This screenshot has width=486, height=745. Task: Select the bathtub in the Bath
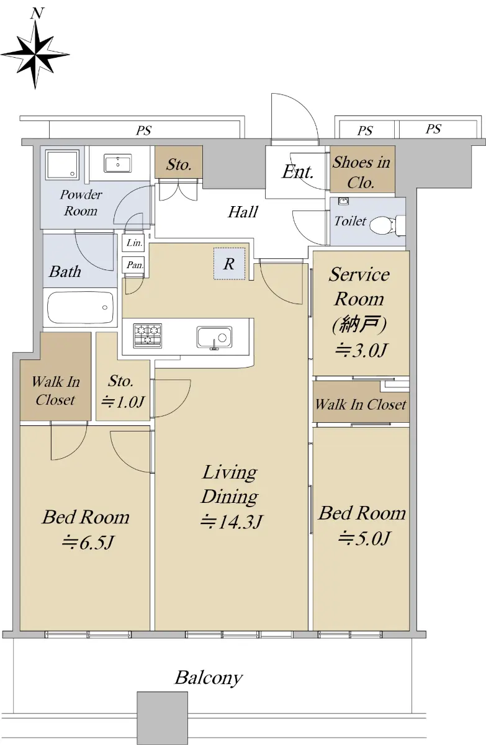pyautogui.click(x=81, y=307)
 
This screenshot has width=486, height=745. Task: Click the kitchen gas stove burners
pyautogui.click(x=148, y=335)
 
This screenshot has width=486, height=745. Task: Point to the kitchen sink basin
pyautogui.click(x=214, y=337)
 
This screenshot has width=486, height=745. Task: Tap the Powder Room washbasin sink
pyautogui.click(x=117, y=163)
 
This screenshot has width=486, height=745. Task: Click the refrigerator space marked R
pyautogui.click(x=230, y=264)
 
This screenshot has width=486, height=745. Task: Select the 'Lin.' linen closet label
pyautogui.click(x=135, y=243)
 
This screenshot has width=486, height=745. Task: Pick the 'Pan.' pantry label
pyautogui.click(x=135, y=264)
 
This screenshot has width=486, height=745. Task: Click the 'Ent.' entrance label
pyautogui.click(x=298, y=172)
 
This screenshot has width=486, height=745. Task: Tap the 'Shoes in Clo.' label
pyautogui.click(x=361, y=173)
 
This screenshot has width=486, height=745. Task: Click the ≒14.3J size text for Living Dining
pyautogui.click(x=232, y=521)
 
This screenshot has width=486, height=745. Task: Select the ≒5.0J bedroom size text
pyautogui.click(x=363, y=538)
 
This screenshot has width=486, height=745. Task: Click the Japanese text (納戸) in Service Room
pyautogui.click(x=359, y=324)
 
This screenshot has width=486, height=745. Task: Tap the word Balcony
pyautogui.click(x=209, y=678)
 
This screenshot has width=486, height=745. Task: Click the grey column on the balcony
pyautogui.click(x=163, y=718)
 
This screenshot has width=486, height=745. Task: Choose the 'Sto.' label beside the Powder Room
pyautogui.click(x=179, y=165)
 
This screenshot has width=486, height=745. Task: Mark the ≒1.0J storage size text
pyautogui.click(x=123, y=402)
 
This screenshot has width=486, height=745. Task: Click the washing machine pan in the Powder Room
pyautogui.click(x=63, y=165)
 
